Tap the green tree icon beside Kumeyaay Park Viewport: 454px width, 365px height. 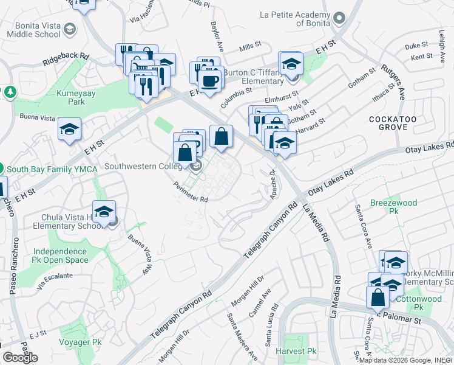10,92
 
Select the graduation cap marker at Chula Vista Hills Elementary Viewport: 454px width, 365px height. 104,212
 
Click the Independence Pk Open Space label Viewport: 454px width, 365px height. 60,255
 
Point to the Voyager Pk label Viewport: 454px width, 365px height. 80,342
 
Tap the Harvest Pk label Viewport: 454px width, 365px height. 296,352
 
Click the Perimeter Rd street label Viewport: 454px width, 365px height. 191,192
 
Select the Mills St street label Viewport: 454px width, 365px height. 249,45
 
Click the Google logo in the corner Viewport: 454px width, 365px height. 20,358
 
